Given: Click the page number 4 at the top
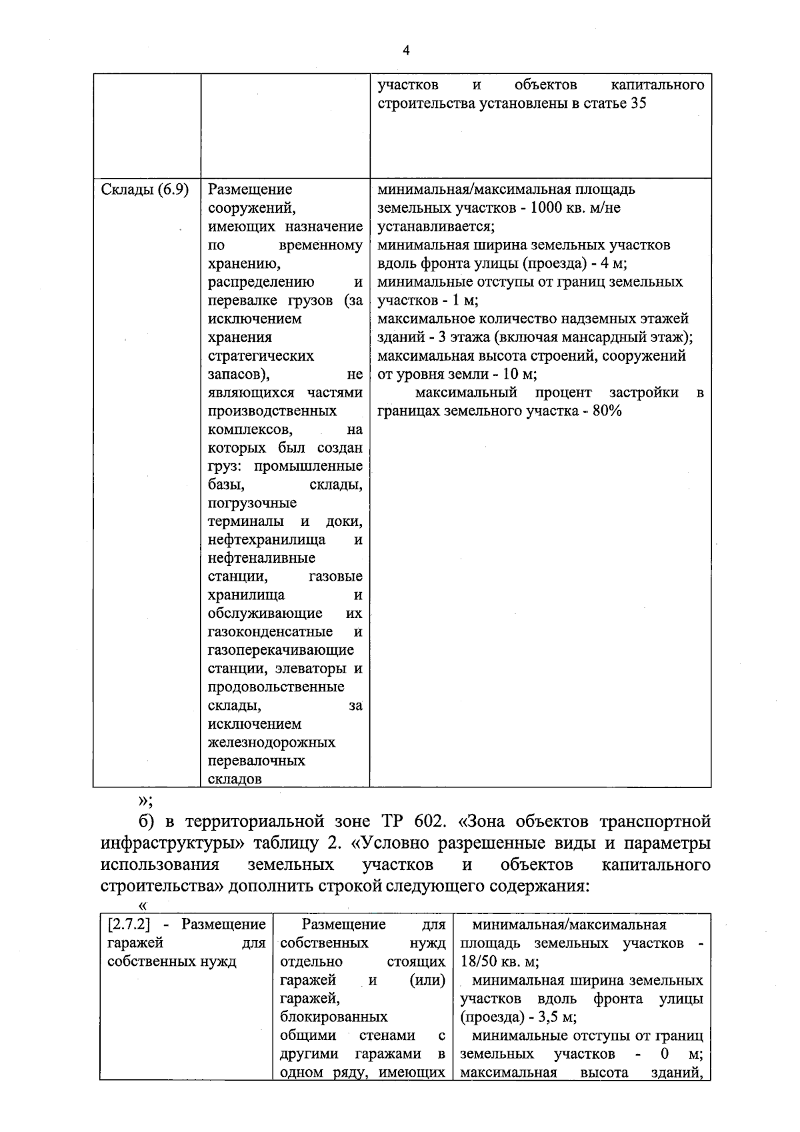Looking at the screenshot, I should [407, 51].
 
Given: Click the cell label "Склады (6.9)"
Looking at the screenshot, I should [144, 189].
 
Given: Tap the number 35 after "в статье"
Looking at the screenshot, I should [637, 104].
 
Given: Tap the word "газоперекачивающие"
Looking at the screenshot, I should [281, 650].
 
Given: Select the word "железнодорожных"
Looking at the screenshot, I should [271, 743].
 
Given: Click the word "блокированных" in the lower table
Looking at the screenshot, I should [334, 1017].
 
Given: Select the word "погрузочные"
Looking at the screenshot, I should [252, 503].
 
